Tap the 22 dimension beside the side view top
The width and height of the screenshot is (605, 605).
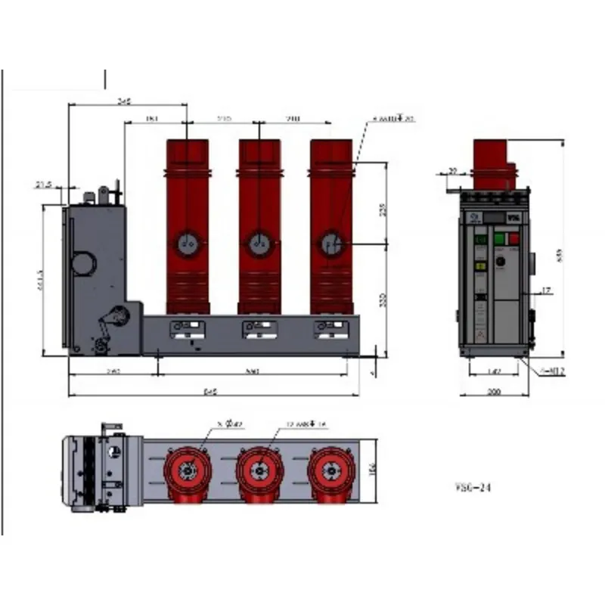point(453,171)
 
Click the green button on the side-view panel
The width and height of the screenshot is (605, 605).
point(499,240)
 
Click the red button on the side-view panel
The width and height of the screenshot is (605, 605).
point(515,240)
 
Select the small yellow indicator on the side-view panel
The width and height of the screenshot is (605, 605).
point(479,266)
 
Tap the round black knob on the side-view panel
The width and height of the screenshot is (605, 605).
point(500,263)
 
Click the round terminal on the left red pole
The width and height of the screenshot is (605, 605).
point(188,244)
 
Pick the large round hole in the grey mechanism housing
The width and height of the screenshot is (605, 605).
point(83,262)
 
